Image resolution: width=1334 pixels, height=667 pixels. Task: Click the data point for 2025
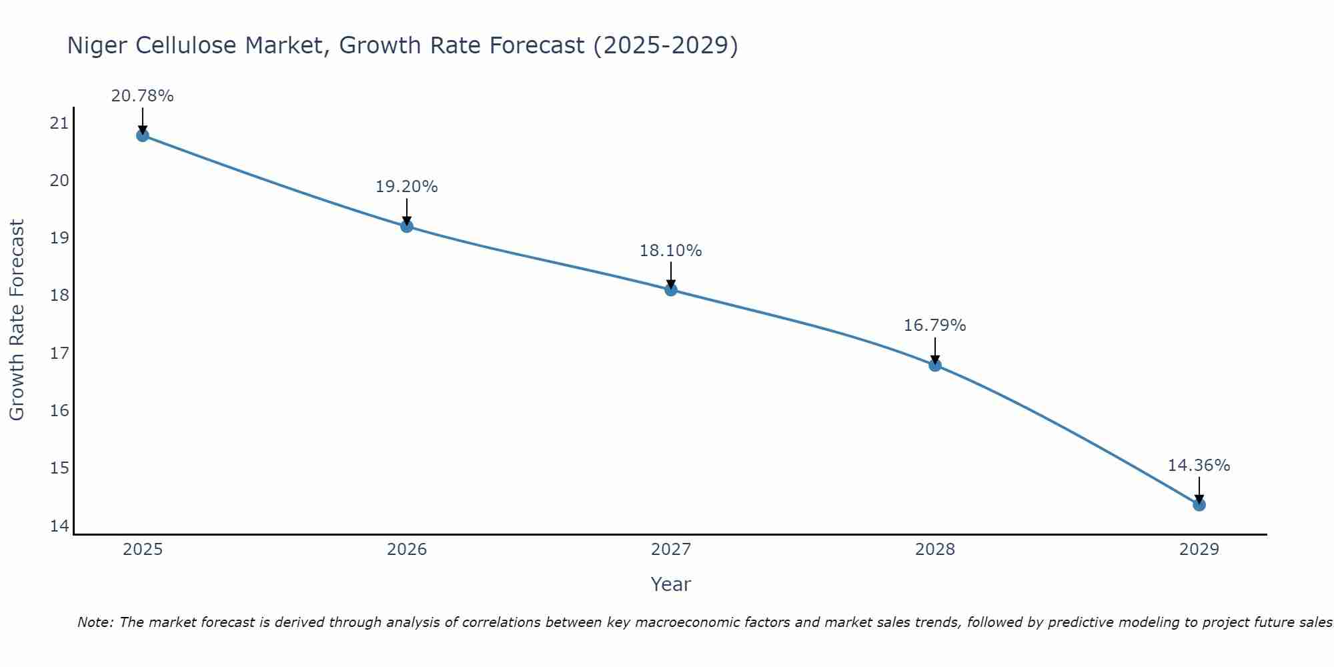tap(142, 135)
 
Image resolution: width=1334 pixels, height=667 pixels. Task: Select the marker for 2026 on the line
tap(407, 226)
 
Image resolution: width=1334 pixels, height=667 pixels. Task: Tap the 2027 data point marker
tap(671, 289)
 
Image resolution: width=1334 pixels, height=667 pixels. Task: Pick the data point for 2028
tap(935, 365)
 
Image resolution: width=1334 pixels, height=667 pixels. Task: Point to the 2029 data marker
tap(1199, 505)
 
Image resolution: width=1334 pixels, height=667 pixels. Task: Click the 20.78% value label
tap(142, 96)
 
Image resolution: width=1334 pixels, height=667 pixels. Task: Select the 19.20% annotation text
tap(406, 187)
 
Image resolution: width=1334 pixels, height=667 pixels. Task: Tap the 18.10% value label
tap(670, 251)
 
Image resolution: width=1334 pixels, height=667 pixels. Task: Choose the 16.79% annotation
tap(934, 325)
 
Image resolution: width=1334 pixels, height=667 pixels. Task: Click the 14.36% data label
tap(1199, 466)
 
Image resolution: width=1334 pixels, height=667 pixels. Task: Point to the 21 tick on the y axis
tap(59, 123)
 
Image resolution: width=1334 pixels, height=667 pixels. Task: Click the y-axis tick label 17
tap(59, 353)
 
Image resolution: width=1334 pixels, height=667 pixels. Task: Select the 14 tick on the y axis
tap(59, 526)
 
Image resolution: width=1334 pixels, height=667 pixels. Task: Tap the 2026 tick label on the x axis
tap(407, 550)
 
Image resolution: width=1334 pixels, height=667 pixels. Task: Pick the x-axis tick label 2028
tap(935, 550)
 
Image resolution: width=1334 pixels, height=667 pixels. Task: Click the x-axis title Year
tap(670, 584)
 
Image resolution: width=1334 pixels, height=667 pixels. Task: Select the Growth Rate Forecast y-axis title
tap(17, 319)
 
